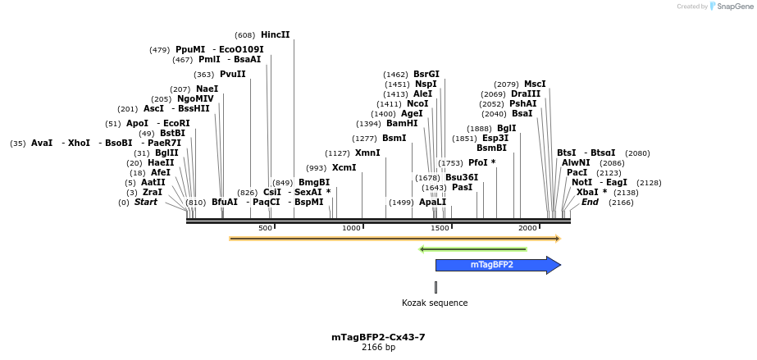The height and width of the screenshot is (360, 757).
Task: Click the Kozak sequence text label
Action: [x=435, y=303]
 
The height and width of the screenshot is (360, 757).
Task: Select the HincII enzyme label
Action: [x=275, y=35]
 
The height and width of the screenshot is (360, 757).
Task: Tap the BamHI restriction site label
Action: [x=402, y=124]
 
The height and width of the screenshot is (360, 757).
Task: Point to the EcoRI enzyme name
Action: [x=176, y=124]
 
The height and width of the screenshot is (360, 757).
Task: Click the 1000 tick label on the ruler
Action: [x=352, y=228]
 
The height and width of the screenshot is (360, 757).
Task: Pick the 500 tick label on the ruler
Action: [x=265, y=228]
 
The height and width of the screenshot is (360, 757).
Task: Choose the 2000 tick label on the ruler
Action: [x=527, y=228]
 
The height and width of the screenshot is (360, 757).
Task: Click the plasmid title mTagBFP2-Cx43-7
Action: [x=378, y=337]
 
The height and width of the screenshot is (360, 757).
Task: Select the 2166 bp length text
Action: [x=378, y=348]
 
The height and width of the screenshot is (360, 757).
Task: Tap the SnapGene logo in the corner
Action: [x=728, y=7]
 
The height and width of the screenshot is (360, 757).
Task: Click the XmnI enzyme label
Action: [x=367, y=153]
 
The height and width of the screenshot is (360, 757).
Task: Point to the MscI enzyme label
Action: [x=535, y=84]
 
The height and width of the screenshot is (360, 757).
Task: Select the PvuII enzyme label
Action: [x=232, y=75]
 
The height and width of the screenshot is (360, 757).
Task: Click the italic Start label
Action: [x=146, y=203]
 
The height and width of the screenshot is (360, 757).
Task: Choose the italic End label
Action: [x=590, y=203]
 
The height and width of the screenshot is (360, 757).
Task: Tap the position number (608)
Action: [x=244, y=35]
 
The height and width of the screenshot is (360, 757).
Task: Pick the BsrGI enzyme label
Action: [x=426, y=75]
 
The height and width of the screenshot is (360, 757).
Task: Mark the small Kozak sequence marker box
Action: [x=436, y=287]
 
